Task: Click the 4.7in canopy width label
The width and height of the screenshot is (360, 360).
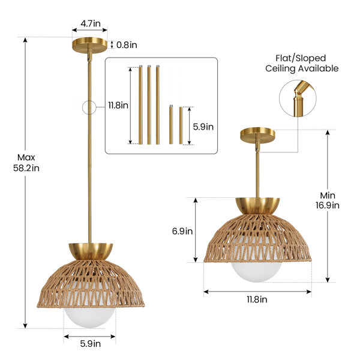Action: point(91,23)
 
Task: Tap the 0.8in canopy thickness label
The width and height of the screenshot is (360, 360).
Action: point(127,45)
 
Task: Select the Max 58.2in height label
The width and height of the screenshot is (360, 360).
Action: point(26,163)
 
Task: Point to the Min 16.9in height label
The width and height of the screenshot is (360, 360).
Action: point(328,200)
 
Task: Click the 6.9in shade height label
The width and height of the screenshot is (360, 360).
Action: point(182,231)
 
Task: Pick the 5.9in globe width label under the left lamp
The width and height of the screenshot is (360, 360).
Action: point(91,344)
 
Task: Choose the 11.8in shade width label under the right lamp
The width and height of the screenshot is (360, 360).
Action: point(257,299)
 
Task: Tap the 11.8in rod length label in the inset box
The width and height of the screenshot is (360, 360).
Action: point(118,106)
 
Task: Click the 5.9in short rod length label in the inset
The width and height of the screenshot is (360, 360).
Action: point(203,127)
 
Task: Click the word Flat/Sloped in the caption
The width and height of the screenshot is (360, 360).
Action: point(301,58)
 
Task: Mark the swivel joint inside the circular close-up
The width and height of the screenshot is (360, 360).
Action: point(298,92)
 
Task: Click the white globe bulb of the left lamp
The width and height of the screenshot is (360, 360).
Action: point(89,317)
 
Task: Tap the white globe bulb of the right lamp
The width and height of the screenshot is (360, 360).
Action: point(256,272)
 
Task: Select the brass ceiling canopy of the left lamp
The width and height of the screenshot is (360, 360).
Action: point(90,46)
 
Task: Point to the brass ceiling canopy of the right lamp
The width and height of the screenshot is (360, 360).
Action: point(257,134)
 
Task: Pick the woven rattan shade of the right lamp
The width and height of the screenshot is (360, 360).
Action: point(257,239)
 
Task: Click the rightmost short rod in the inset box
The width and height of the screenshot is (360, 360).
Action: point(181,125)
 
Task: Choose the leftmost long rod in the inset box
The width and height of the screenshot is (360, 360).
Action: point(140,105)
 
